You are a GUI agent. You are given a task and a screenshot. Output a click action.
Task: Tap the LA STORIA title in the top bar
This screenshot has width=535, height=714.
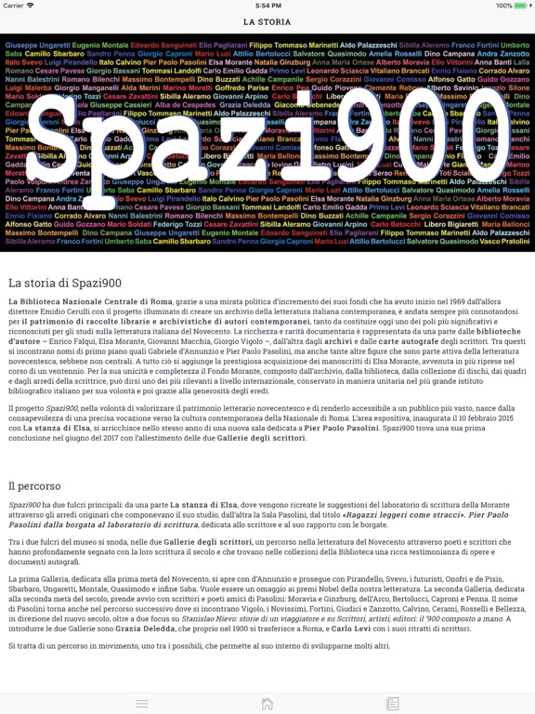(x=267, y=21)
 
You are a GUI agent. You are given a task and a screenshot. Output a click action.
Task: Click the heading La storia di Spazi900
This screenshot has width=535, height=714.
(x=64, y=283)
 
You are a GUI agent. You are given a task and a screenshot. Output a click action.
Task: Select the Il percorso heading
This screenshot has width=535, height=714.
(x=34, y=485)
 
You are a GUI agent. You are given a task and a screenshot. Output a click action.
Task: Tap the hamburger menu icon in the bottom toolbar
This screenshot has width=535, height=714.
(x=142, y=704)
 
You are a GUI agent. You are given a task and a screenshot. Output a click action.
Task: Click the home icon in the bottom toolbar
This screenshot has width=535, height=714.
(x=267, y=704)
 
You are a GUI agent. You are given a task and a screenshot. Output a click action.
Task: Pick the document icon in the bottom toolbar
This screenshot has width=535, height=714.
(x=393, y=704)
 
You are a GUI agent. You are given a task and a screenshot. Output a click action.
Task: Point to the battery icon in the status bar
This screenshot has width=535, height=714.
(x=522, y=6)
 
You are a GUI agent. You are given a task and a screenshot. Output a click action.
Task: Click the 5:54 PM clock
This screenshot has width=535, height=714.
(x=267, y=6)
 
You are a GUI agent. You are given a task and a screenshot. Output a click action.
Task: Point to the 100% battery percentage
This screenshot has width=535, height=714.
(x=502, y=6)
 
